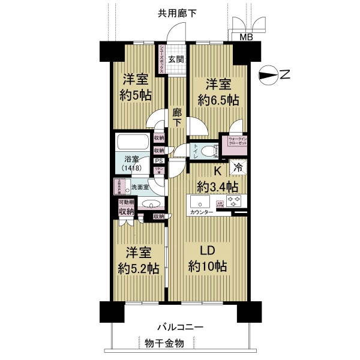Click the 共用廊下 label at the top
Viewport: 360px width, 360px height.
click(177, 13)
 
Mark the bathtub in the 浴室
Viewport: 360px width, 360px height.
click(133, 143)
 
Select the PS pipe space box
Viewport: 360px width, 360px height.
click(158, 161)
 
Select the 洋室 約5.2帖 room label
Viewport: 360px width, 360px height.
click(137, 261)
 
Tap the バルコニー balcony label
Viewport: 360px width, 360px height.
click(181, 327)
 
